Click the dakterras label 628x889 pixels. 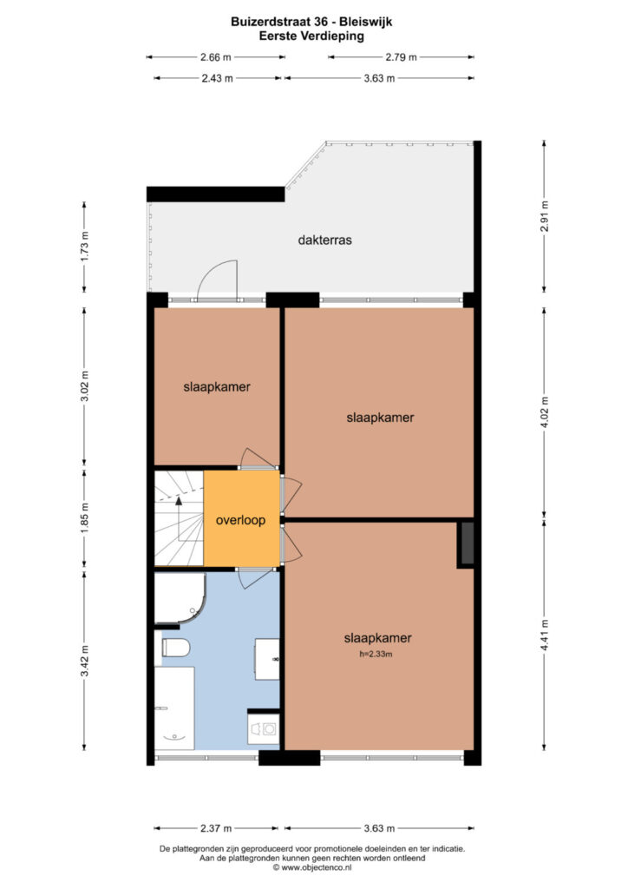tap(324, 240)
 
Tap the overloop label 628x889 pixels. tap(240, 520)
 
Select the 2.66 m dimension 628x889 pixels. tap(216, 56)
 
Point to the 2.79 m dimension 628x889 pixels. tap(401, 56)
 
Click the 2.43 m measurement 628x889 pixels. tap(218, 78)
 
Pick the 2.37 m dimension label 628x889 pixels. tap(216, 828)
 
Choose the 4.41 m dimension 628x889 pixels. tap(544, 635)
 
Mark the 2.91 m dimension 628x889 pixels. tap(544, 216)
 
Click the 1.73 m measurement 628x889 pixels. tap(84, 247)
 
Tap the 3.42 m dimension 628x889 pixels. tap(84, 661)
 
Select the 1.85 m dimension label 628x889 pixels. tap(84, 517)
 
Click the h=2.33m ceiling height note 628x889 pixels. tap(376, 655)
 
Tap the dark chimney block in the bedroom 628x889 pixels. tap(466, 543)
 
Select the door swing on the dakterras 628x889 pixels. tap(216, 279)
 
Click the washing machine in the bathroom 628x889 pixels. tap(264, 728)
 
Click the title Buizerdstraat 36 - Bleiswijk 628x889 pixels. tap(311, 22)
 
